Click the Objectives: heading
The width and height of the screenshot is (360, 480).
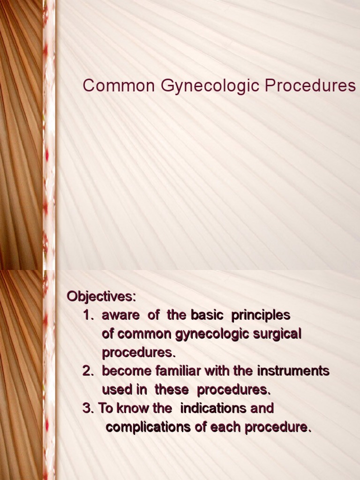(101, 296)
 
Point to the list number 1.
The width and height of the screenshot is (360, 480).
(88, 315)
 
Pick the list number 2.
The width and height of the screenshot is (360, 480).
(88, 371)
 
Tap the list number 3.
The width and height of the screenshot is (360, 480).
(88, 408)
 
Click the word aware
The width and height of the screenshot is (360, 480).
(120, 315)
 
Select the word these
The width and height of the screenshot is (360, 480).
(172, 390)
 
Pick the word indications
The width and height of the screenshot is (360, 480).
(214, 408)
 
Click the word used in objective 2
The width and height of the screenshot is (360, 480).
(118, 390)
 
